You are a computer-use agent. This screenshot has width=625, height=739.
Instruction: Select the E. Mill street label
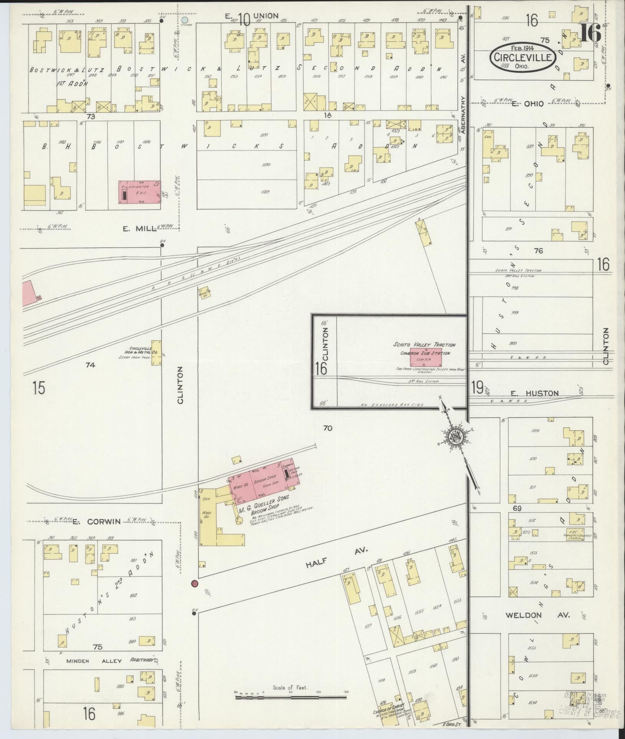134,229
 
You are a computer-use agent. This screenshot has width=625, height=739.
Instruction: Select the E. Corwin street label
96,521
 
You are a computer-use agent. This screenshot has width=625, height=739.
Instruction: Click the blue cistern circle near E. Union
185,20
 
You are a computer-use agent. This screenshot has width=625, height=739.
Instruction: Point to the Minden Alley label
94,661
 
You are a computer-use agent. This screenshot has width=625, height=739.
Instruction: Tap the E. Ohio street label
528,104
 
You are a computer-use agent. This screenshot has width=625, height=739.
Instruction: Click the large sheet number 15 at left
39,388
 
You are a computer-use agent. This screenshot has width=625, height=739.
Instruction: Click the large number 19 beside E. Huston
477,388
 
